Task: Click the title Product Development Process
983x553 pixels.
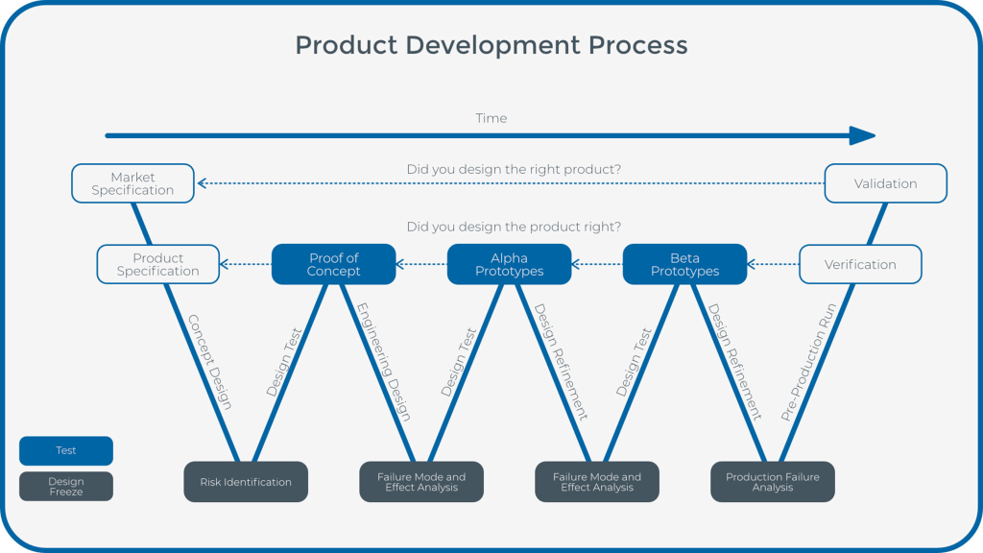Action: point(491,45)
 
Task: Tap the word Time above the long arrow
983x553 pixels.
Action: point(491,118)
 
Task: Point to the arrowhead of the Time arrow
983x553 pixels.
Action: point(863,135)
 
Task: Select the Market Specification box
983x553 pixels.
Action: point(132,183)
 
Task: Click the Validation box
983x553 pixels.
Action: point(886,183)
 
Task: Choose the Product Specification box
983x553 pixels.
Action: point(157,264)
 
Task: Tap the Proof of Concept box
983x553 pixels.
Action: point(334,264)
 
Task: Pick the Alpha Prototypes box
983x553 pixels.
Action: point(510,264)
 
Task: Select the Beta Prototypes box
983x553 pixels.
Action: point(684,264)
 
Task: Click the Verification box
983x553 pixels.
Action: point(860,264)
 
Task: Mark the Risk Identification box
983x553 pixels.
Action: point(246,482)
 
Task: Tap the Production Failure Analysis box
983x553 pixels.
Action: point(773,482)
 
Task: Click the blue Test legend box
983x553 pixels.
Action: point(66,451)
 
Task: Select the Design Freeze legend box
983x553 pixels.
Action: point(66,487)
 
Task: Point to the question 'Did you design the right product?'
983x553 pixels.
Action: point(514,169)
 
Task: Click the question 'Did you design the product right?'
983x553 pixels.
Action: point(514,228)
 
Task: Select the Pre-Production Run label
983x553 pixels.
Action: point(809,362)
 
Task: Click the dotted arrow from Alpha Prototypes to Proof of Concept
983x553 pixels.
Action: point(421,264)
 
